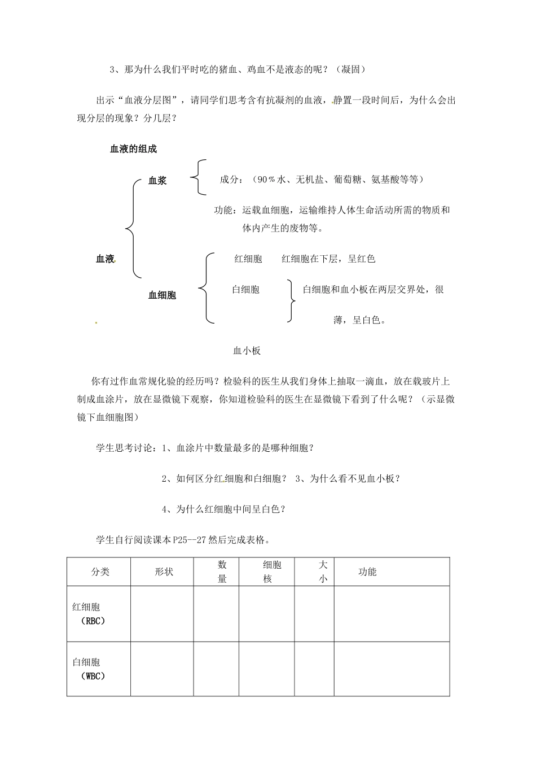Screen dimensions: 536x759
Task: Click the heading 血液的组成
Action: click(x=133, y=149)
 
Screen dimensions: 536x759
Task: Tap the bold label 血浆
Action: click(x=157, y=181)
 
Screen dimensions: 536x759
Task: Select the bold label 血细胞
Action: click(x=162, y=295)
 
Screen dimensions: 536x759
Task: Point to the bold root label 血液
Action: click(x=105, y=259)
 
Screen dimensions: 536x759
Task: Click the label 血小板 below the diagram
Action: click(x=247, y=351)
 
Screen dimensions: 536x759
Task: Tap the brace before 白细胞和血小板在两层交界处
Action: click(x=291, y=300)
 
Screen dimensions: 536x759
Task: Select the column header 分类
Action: click(x=100, y=572)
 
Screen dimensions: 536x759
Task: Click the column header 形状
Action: click(x=164, y=572)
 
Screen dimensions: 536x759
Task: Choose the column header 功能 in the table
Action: click(x=367, y=572)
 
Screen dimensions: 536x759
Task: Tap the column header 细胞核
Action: click(x=272, y=572)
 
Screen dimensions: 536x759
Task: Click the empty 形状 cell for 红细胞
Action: click(x=162, y=613)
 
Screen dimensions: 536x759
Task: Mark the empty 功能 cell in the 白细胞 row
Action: click(x=392, y=669)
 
